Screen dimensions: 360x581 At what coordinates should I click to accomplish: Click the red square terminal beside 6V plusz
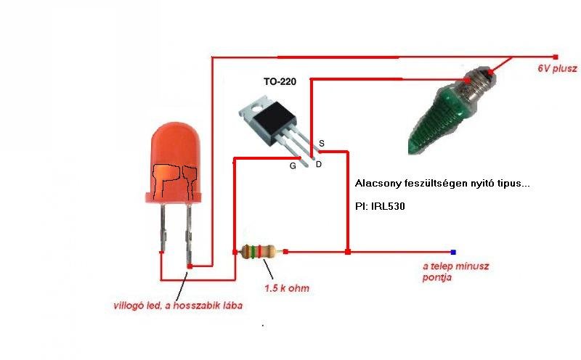point(556,56)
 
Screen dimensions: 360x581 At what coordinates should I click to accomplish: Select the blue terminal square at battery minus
point(453,252)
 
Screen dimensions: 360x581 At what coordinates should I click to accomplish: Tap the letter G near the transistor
point(293,165)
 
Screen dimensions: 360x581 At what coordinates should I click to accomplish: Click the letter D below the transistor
point(318,165)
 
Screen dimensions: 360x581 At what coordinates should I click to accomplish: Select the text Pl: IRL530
point(381,206)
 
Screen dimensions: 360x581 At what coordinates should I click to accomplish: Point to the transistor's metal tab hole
point(254,110)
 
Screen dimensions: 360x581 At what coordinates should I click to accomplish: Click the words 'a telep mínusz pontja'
point(456,271)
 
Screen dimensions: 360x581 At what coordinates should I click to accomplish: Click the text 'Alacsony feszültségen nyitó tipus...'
point(443,184)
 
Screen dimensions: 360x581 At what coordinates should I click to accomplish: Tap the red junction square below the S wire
point(348,252)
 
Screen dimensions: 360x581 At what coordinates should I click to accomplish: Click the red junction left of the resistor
point(233,252)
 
